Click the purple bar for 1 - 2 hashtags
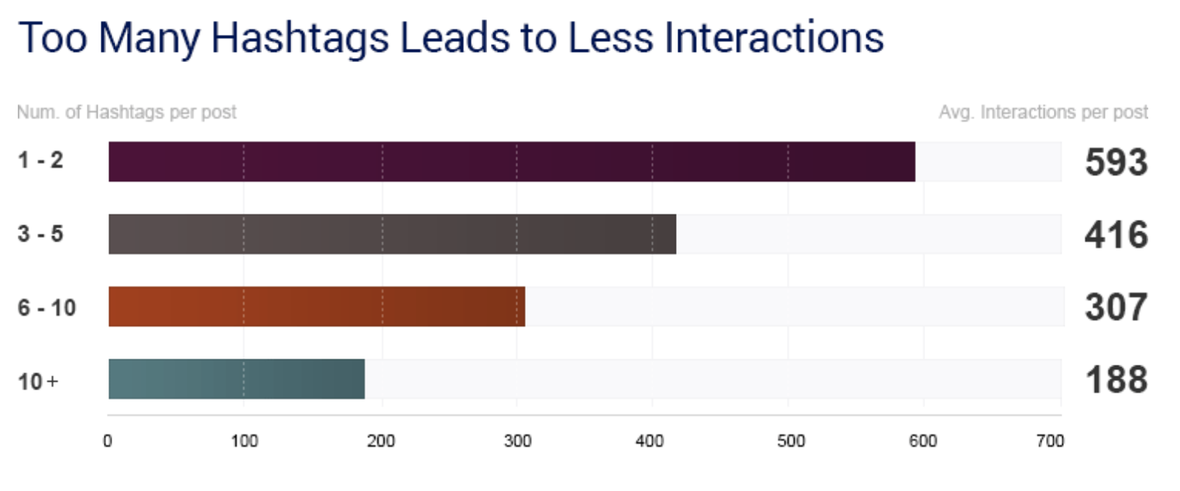coord(512,162)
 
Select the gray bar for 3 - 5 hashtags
coord(393,234)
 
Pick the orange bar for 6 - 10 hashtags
coord(317,307)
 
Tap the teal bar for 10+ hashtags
coord(236,379)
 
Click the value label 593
coord(1117,162)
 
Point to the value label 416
coord(1117,235)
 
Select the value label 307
coord(1117,307)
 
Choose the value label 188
coord(1117,379)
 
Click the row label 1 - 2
coord(40,160)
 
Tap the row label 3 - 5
coord(40,233)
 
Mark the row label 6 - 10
coord(47,307)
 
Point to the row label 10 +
coord(38,382)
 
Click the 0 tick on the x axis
coord(108,441)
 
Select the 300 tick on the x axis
coord(517,441)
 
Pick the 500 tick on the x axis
coord(791,441)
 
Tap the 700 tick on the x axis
coord(1050,441)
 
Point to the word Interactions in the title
coord(774,38)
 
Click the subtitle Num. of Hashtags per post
coord(126,112)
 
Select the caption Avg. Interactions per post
coord(1044,112)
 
